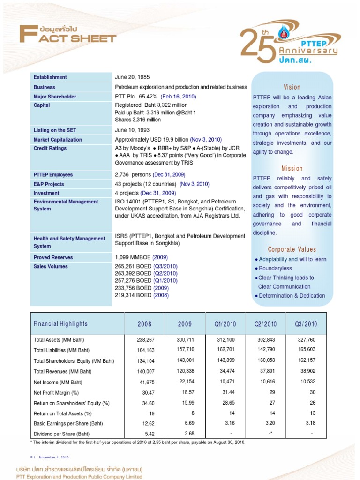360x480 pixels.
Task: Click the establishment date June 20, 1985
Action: [132, 77]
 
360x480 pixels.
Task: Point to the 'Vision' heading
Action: [292, 87]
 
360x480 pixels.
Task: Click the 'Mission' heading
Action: [292, 168]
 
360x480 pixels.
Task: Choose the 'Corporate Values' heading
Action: [292, 249]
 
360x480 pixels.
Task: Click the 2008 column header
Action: [144, 324]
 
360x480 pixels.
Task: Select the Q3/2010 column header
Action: [306, 324]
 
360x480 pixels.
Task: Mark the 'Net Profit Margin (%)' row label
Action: [56, 393]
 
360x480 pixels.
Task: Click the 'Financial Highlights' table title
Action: [60, 324]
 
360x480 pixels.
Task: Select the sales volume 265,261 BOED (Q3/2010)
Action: [146, 266]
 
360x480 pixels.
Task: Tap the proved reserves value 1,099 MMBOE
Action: [141, 257]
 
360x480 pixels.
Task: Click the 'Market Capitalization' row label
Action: [58, 140]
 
